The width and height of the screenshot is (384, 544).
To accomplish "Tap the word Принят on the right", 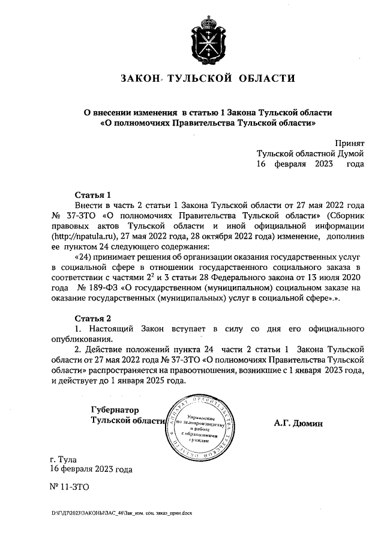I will point(350,144).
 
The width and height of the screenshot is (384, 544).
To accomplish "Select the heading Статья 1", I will point(93,195).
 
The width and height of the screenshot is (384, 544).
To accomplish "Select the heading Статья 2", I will point(93,318).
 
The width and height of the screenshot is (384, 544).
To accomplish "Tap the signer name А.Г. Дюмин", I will point(298,423).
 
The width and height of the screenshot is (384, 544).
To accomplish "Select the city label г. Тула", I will point(62,459).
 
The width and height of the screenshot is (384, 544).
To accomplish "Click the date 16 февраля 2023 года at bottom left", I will point(92,469).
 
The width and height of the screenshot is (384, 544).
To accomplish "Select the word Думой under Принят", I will point(349,154).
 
